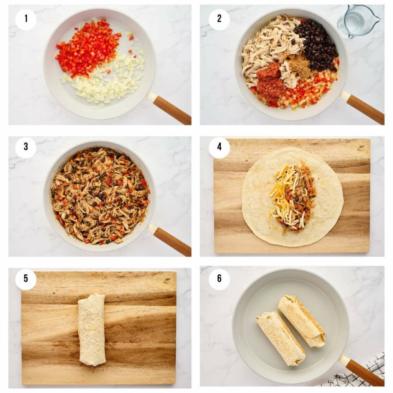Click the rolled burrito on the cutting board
[x=92, y=329]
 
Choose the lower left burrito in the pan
[x=281, y=338]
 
